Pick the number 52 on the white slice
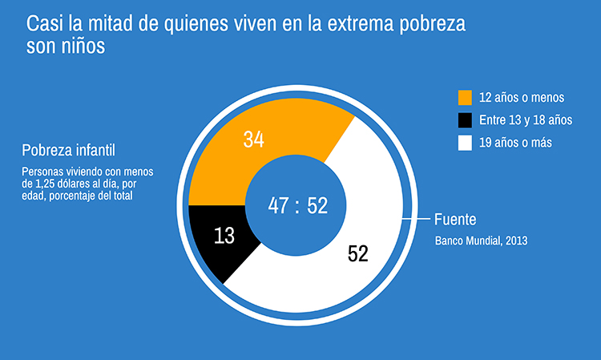click(x=358, y=254)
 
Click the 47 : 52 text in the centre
click(x=298, y=206)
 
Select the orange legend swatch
click(x=465, y=98)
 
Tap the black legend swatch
click(x=465, y=120)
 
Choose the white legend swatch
click(x=465, y=143)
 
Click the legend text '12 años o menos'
click(x=522, y=98)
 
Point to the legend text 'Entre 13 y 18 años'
click(x=526, y=120)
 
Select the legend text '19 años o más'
click(x=517, y=143)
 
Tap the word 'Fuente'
click(x=454, y=219)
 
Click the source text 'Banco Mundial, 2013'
click(x=481, y=240)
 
